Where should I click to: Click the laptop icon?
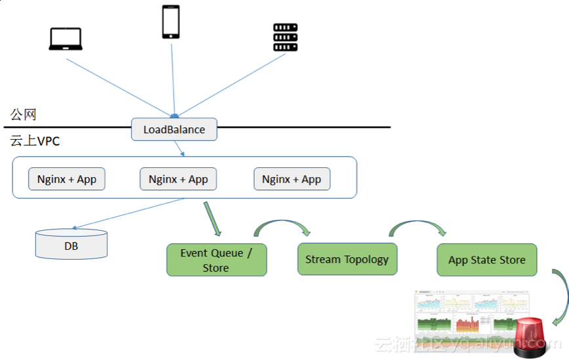[66, 39]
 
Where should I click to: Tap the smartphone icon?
[171, 22]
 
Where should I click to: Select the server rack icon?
[285, 37]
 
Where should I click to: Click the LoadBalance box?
[174, 129]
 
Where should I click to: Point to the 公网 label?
[23, 115]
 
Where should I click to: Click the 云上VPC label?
[35, 140]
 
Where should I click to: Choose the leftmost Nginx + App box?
[66, 179]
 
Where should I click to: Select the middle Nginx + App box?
[178, 179]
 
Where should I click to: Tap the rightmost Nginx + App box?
[291, 179]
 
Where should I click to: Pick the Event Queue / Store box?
[215, 260]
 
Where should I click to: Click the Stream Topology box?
[347, 259]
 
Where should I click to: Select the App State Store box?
[486, 260]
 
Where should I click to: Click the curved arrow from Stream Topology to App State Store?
[417, 225]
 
